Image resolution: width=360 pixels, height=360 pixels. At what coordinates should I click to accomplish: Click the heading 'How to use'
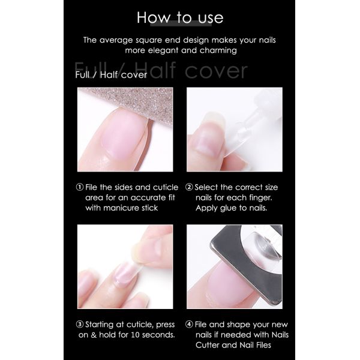point(180,17)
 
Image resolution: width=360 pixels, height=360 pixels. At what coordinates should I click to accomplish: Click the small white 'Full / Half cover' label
point(111,75)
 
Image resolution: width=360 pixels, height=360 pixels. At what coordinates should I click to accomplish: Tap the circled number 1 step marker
point(80,187)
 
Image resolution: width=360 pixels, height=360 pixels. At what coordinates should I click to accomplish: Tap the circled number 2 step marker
point(189,187)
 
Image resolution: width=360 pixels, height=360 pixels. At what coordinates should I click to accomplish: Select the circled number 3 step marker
point(80,325)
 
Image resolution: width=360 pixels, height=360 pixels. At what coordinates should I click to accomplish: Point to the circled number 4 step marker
point(189,325)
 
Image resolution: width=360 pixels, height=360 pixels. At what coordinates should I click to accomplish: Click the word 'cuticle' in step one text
point(166,187)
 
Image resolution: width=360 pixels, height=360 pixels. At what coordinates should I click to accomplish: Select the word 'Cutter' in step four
point(208,345)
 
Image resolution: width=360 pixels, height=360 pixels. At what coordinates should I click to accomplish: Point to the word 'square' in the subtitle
point(149,41)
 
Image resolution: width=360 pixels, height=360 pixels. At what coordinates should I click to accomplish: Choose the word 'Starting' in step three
point(100,325)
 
